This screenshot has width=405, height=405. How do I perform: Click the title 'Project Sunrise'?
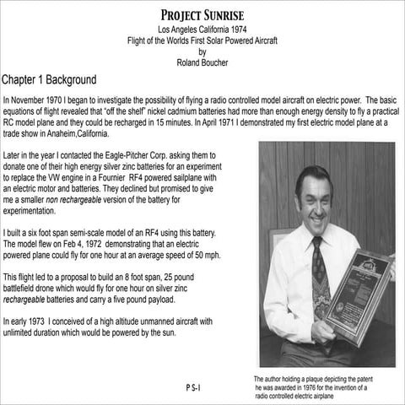click(x=202, y=16)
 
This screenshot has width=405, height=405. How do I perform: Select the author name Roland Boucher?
click(x=202, y=62)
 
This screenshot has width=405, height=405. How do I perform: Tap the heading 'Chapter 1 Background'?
click(x=61, y=81)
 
